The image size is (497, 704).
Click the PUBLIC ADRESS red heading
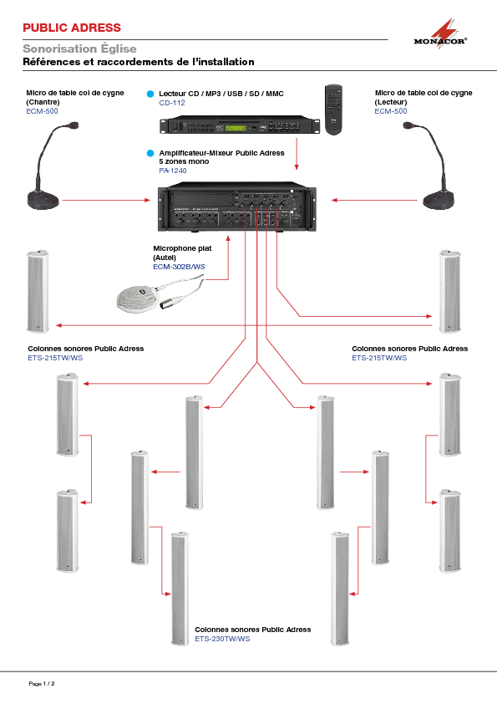pos(72,28)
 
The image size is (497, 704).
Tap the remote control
pos(333,110)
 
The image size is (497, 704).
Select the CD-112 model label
pos(172,103)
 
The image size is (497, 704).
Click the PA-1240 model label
pos(173,171)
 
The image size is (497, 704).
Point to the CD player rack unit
pos(240,125)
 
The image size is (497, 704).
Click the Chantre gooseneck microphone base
pos(43,200)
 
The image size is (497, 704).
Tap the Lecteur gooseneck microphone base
pos(439,200)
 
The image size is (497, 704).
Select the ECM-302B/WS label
pos(179,267)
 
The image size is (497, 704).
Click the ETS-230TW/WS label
pos(222,639)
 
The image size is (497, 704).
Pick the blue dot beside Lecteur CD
pos(150,94)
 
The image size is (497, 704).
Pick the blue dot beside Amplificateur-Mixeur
pos(150,153)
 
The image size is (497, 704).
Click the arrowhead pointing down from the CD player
pos(297,167)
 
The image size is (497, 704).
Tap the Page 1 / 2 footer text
pos(42,684)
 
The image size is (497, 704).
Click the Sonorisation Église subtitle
pos(80,48)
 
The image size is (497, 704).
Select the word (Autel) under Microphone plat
pos(165,258)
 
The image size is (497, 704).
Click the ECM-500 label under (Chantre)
pos(42,111)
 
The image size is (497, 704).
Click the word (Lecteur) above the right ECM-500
pos(391,102)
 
